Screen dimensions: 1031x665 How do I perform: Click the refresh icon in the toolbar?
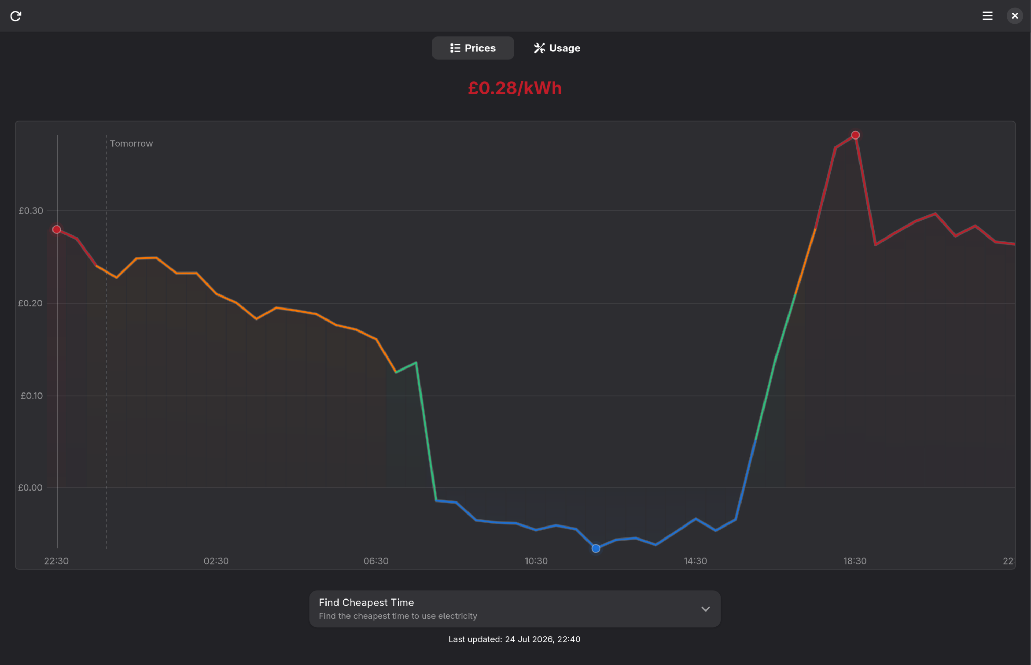15,16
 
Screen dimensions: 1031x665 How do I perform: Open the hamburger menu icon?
987,16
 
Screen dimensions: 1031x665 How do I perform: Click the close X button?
1015,16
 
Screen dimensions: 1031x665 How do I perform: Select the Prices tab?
473,48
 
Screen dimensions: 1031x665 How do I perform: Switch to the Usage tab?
557,48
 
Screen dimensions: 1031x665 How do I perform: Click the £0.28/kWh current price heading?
514,88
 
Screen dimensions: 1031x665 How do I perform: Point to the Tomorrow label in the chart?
131,143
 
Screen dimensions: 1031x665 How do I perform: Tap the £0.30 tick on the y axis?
31,211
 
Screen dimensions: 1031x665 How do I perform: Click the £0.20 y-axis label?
30,303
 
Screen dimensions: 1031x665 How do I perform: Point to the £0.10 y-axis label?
32,396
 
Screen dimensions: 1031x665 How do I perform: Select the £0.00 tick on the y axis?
30,487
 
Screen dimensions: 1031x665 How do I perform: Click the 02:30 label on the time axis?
216,561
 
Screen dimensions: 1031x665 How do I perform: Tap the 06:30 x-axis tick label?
376,561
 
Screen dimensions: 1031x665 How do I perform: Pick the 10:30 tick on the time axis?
536,561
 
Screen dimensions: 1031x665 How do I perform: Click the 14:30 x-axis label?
695,561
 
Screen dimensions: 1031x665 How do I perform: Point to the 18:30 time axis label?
855,561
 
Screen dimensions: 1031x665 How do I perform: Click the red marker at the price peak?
855,135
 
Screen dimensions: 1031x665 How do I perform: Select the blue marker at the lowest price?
596,548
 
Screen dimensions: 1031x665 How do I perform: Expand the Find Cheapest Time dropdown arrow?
706,609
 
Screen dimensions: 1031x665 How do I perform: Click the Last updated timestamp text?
514,639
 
